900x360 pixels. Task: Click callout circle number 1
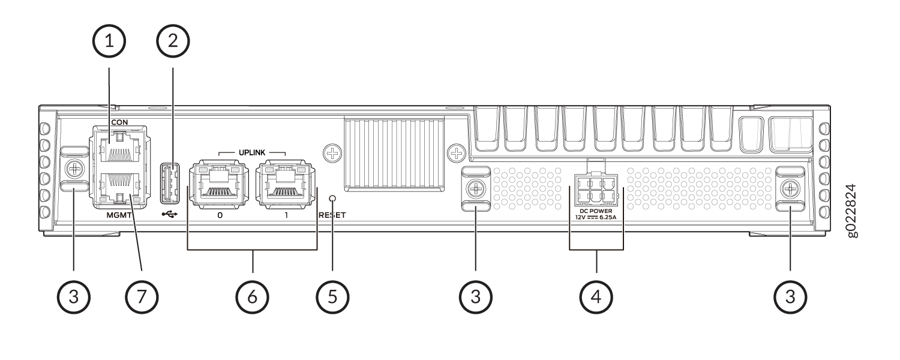tap(109, 41)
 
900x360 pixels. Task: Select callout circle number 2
tap(173, 41)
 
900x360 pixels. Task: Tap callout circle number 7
tap(142, 298)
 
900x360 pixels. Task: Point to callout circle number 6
tap(253, 298)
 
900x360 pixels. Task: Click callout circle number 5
tap(332, 298)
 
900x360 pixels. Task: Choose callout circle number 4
tap(596, 298)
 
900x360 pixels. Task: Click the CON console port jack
tap(119, 148)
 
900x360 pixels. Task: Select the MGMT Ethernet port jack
tap(119, 188)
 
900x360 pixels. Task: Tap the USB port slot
tap(170, 183)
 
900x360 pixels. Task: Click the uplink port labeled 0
tap(220, 184)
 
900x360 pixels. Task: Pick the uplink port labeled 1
tap(286, 184)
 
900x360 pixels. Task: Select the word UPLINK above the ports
tap(252, 152)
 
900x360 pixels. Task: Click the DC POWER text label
tap(596, 211)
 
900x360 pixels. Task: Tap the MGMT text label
tap(119, 215)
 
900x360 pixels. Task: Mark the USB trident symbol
tap(170, 215)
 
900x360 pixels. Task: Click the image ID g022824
tap(852, 211)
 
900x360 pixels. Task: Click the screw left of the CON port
tap(74, 169)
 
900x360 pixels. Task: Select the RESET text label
tap(332, 215)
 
